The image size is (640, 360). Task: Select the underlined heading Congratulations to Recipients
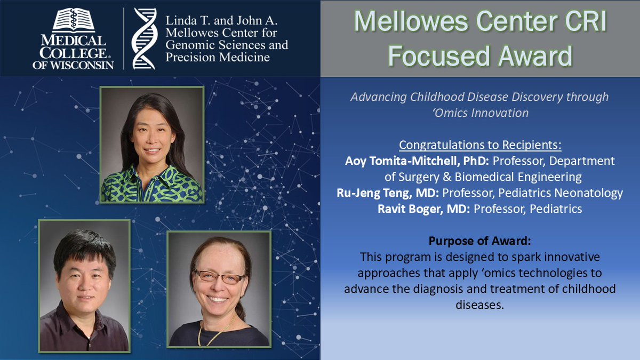[x=480, y=146]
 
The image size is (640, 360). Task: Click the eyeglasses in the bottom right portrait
[x=219, y=277]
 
